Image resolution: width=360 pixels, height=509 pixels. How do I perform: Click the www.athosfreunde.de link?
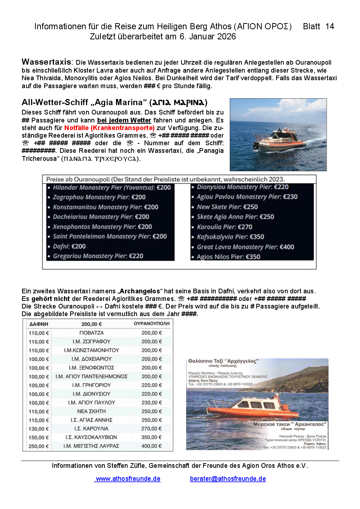coord(128,479)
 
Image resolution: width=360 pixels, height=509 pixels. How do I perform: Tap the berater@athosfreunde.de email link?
coord(228,479)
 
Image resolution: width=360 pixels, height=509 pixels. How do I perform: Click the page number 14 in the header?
coord(330,26)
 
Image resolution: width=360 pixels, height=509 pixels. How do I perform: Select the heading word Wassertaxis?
coord(47,62)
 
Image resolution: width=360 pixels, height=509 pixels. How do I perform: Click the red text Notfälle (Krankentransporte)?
coord(110,128)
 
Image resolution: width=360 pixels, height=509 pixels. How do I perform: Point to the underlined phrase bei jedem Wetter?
coord(124,120)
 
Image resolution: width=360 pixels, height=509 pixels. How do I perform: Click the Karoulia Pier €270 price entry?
coord(224,227)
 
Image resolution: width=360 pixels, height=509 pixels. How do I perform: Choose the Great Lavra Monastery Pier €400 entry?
coord(245,247)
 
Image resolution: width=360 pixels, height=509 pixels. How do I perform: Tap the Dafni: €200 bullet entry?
coord(69,246)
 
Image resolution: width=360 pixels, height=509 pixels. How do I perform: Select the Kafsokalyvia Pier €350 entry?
coord(230,237)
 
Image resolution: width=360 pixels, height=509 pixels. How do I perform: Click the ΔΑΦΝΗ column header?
coord(39,324)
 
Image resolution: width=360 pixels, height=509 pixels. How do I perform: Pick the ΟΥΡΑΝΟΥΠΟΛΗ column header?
coord(151,324)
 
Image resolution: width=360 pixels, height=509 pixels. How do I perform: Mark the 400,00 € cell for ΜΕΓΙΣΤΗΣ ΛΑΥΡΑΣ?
coord(151,446)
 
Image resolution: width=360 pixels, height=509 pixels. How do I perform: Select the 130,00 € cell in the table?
coord(39,429)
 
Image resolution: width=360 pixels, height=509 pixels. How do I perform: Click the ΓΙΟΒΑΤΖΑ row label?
coord(91,333)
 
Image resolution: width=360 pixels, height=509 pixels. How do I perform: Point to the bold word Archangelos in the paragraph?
coord(140,291)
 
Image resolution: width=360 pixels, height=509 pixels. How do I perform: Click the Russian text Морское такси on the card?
coord(271,424)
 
